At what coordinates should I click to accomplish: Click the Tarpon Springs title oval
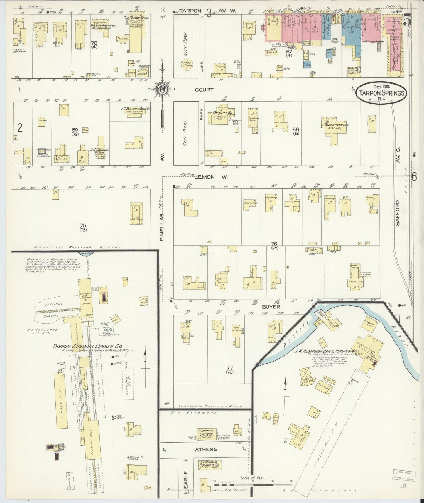coord(381,92)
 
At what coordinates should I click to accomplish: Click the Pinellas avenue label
coord(162,227)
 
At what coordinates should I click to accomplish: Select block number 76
coord(274,243)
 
